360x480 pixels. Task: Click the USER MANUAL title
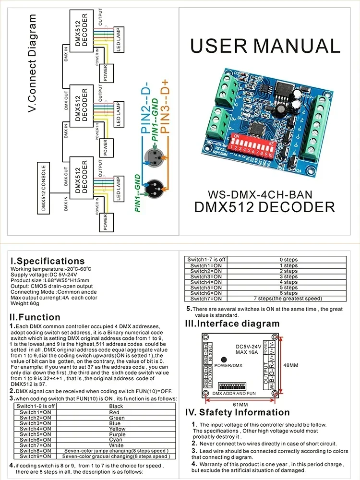click(265, 46)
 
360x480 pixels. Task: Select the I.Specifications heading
click(48, 261)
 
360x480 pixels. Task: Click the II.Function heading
click(35, 317)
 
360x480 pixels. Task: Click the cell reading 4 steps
click(288, 282)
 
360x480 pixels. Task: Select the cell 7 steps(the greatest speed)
click(288, 299)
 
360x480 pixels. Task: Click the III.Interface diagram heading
click(232, 324)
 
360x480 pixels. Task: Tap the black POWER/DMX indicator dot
click(224, 360)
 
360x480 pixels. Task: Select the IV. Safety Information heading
click(237, 412)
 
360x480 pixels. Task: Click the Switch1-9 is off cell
click(36, 406)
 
